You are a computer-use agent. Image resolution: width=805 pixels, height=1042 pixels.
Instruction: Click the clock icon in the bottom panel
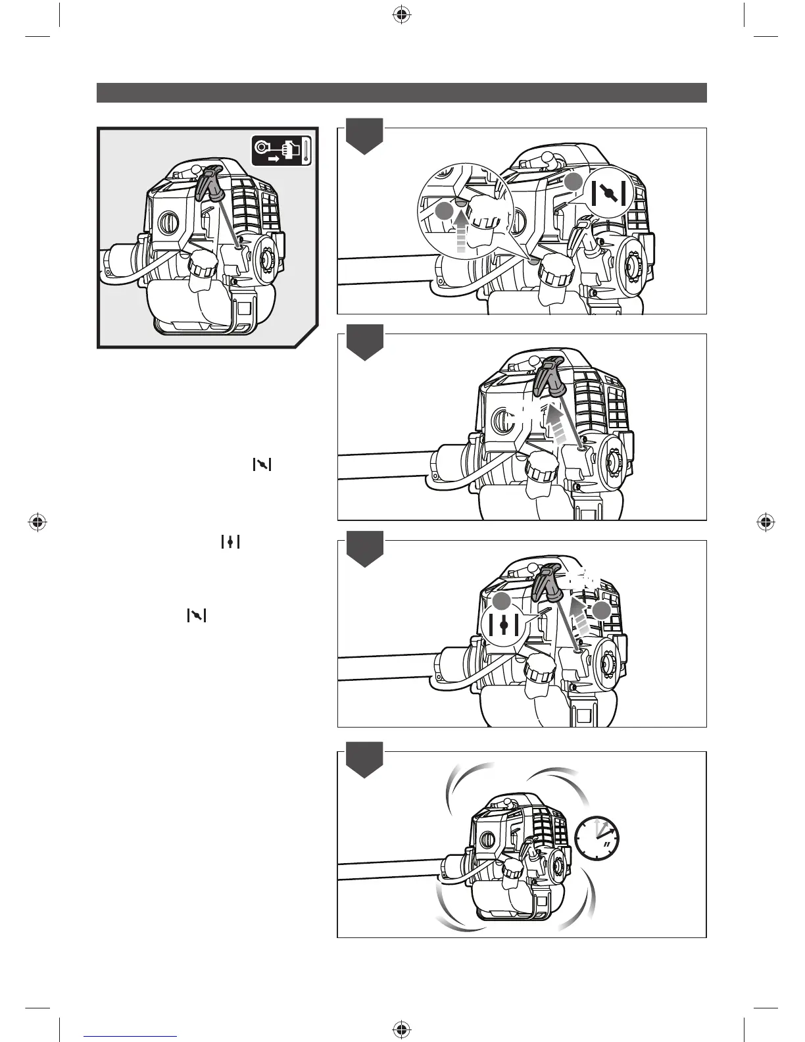click(x=597, y=837)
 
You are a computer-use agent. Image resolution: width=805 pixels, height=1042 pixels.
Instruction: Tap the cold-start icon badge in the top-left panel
click(x=281, y=151)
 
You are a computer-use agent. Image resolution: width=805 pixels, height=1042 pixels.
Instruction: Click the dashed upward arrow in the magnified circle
click(x=462, y=231)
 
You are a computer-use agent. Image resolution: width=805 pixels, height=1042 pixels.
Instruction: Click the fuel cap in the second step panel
click(x=542, y=469)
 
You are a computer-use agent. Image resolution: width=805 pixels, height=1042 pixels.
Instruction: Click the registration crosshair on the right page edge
click(x=765, y=522)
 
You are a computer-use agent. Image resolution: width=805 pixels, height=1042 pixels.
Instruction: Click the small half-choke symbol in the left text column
click(x=230, y=542)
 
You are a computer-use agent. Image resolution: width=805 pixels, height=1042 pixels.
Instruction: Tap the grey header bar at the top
click(x=401, y=93)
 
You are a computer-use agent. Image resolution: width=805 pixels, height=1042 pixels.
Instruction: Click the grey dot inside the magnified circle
click(x=445, y=211)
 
